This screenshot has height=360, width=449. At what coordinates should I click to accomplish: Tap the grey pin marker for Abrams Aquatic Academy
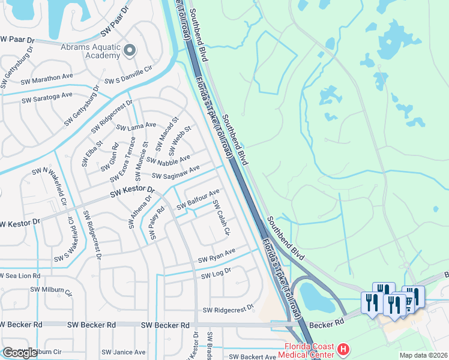click(130, 50)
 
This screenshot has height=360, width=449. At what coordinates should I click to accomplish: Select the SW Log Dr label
click(216, 274)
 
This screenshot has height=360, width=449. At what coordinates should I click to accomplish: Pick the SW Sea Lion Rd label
click(20, 275)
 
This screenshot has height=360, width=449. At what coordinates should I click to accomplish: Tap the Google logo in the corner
click(20, 353)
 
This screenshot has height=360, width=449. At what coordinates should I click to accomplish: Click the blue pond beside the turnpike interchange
click(316, 298)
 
